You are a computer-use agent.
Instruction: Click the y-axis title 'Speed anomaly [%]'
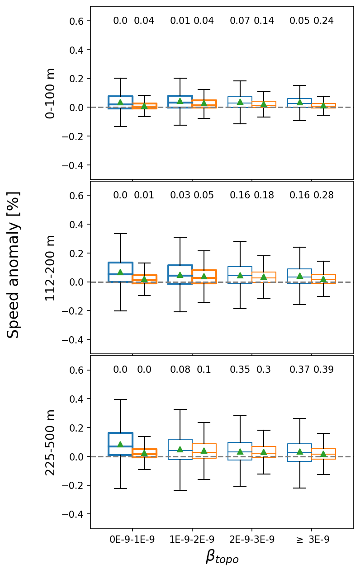[x=14, y=264]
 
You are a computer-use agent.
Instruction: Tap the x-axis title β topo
[x=222, y=558]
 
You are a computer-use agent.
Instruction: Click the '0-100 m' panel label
[x=51, y=93]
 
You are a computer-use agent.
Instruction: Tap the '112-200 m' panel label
[x=51, y=268]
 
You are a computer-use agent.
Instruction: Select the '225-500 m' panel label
[x=51, y=442]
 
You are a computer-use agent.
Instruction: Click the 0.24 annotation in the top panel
[x=323, y=21]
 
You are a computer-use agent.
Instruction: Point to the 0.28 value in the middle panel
[x=323, y=195]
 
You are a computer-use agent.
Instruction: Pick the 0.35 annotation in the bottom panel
[x=240, y=370]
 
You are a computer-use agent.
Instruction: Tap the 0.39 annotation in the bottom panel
[x=323, y=370]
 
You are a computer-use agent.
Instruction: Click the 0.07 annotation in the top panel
[x=240, y=21]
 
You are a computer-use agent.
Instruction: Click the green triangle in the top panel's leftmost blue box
[x=120, y=102]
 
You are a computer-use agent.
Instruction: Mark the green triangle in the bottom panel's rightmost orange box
[x=323, y=454]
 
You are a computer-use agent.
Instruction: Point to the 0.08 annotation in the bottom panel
[x=180, y=370]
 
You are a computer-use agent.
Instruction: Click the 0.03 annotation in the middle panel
[x=180, y=195]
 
